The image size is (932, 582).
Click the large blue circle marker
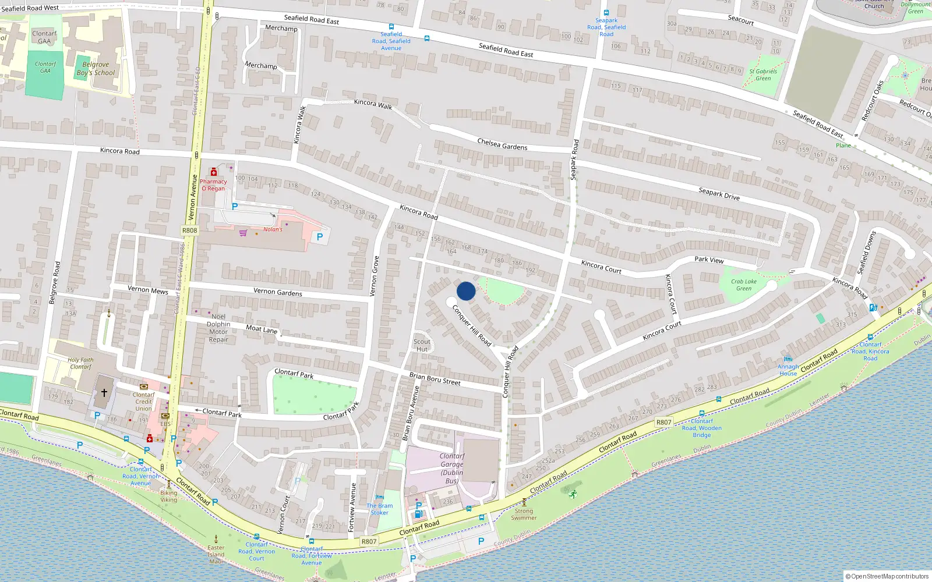coord(466,291)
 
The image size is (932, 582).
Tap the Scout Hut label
coord(422,346)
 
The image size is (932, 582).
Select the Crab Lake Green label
coord(744,285)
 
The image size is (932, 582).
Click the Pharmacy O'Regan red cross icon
coord(214,172)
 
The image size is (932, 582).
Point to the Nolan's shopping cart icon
coord(243,233)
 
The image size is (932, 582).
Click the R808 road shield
coord(190,230)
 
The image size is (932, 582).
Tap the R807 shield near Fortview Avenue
coord(369,541)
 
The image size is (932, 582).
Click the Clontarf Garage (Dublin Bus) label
coord(452,469)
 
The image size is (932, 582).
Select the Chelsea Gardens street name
coord(502,144)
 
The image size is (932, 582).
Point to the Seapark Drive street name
coord(719,194)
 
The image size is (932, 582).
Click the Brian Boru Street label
coord(435,379)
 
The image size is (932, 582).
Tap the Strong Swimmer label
coord(524,514)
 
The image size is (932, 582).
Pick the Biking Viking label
coord(169,496)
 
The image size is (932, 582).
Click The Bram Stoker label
coord(380,509)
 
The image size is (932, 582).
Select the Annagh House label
coord(788,370)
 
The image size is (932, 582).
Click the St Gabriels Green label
coord(763,74)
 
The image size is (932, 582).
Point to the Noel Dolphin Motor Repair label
coord(218,328)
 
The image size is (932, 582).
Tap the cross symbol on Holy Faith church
coord(104,393)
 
